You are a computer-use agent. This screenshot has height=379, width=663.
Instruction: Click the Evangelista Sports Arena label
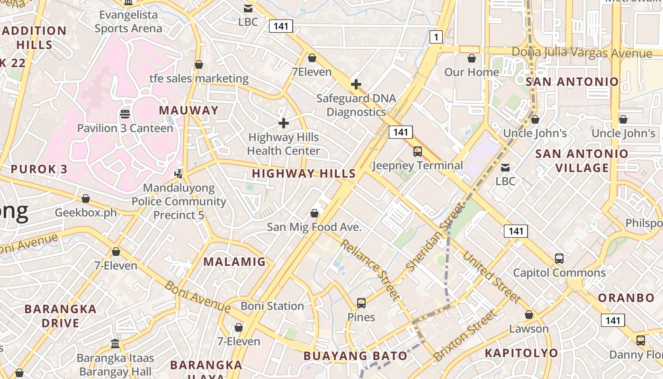pos(128,21)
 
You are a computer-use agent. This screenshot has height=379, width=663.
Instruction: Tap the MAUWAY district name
pos(188,110)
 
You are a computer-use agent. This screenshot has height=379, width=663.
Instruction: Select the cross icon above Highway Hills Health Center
pos(284,123)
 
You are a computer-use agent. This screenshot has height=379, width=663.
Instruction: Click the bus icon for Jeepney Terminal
pos(417,152)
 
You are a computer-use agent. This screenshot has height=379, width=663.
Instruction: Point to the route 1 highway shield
pos(436,37)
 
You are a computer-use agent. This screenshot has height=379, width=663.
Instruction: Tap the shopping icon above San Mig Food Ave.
pos(314,213)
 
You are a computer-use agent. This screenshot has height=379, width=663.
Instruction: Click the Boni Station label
pos(272,306)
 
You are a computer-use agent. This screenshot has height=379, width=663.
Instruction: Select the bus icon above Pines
pos(361,303)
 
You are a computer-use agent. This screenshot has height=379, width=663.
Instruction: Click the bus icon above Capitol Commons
pos(559,259)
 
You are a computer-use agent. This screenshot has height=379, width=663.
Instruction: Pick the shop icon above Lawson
pos(529,315)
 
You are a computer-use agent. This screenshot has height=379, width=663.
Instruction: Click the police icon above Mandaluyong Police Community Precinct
pos(179,174)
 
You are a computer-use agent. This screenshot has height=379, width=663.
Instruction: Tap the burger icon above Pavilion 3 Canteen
pos(125,114)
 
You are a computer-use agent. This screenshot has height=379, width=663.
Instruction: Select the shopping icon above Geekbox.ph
pos(86,198)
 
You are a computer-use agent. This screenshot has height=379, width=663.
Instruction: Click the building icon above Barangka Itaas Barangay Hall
pos(115,343)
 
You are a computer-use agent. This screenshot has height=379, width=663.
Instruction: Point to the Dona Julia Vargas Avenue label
pos(582,52)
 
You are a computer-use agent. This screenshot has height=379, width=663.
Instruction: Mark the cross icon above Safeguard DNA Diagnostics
pos(356,84)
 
